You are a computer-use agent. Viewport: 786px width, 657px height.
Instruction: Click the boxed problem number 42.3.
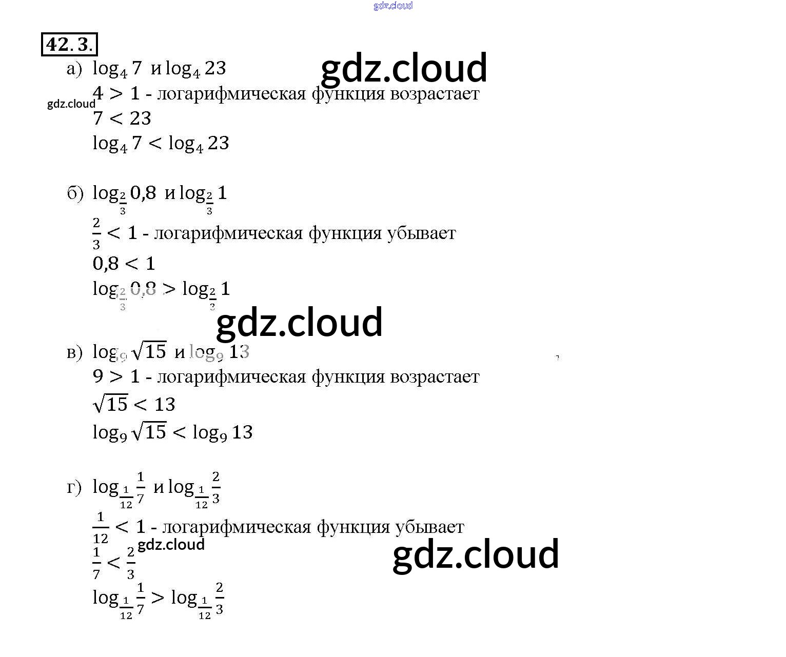[x=69, y=45]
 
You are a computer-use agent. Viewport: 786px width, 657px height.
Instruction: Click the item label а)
[x=74, y=69]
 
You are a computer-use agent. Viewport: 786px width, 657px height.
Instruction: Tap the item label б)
[x=75, y=193]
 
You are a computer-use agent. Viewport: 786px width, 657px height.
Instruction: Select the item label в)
[x=74, y=352]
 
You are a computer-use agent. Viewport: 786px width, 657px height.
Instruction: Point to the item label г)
[x=74, y=487]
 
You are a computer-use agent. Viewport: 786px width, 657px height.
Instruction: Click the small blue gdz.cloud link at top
[x=393, y=6]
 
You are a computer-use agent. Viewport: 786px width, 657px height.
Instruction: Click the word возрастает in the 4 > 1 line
[x=435, y=94]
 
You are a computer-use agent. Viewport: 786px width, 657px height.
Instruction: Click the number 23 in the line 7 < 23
[x=141, y=119]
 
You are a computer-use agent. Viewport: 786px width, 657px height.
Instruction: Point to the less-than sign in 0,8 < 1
[x=132, y=264]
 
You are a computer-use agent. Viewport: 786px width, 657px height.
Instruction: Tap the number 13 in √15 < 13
[x=165, y=405]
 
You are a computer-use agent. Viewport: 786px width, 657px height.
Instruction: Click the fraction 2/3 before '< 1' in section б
[x=96, y=233]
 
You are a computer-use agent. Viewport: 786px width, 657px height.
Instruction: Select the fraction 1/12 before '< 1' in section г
[x=101, y=527]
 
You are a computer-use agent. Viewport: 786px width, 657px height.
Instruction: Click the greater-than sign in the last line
[x=158, y=598]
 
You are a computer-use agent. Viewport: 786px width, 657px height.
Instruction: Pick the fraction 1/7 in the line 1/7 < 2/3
[x=96, y=563]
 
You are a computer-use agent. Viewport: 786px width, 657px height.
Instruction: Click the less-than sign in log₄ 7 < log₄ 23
[x=155, y=144]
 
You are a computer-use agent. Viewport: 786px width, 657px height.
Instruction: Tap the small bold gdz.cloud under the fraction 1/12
[x=171, y=545]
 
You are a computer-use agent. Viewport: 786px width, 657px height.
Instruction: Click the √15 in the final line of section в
[x=150, y=432]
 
